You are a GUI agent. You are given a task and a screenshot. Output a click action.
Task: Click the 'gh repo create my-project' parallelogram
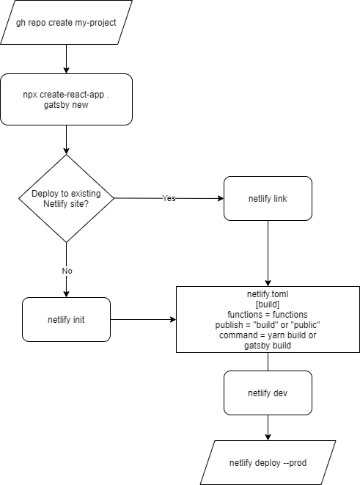click(x=67, y=22)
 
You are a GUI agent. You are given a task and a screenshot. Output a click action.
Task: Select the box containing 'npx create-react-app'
click(x=67, y=99)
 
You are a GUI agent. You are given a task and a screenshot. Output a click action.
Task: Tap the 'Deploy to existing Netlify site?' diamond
click(x=67, y=198)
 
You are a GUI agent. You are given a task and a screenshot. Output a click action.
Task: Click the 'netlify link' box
click(x=268, y=198)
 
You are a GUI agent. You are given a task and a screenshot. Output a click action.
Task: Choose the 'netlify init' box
click(x=67, y=319)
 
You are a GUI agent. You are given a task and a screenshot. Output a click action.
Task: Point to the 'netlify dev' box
click(x=268, y=393)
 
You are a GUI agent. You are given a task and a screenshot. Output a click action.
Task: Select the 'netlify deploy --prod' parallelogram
click(x=268, y=462)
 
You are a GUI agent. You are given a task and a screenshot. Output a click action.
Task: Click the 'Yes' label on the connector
click(x=169, y=198)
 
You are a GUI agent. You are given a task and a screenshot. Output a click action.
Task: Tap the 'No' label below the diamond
click(x=67, y=270)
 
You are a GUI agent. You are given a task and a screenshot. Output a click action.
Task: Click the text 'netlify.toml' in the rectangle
click(x=268, y=294)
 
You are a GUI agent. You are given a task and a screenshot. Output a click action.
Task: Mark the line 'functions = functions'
click(x=268, y=315)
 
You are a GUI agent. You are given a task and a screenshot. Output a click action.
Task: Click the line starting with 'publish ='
click(x=268, y=325)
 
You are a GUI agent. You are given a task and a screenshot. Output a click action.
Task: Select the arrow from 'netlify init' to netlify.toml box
click(x=143, y=320)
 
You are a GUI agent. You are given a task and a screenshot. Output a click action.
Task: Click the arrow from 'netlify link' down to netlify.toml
click(x=268, y=253)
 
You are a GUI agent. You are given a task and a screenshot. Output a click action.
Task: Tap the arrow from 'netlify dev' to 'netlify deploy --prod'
click(x=268, y=427)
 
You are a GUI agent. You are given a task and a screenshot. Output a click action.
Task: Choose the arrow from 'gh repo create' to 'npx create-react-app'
click(x=67, y=59)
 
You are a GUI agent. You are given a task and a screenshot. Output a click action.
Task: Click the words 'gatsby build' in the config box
click(x=268, y=345)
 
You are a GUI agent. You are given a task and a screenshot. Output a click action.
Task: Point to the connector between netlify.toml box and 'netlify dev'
click(x=268, y=362)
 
